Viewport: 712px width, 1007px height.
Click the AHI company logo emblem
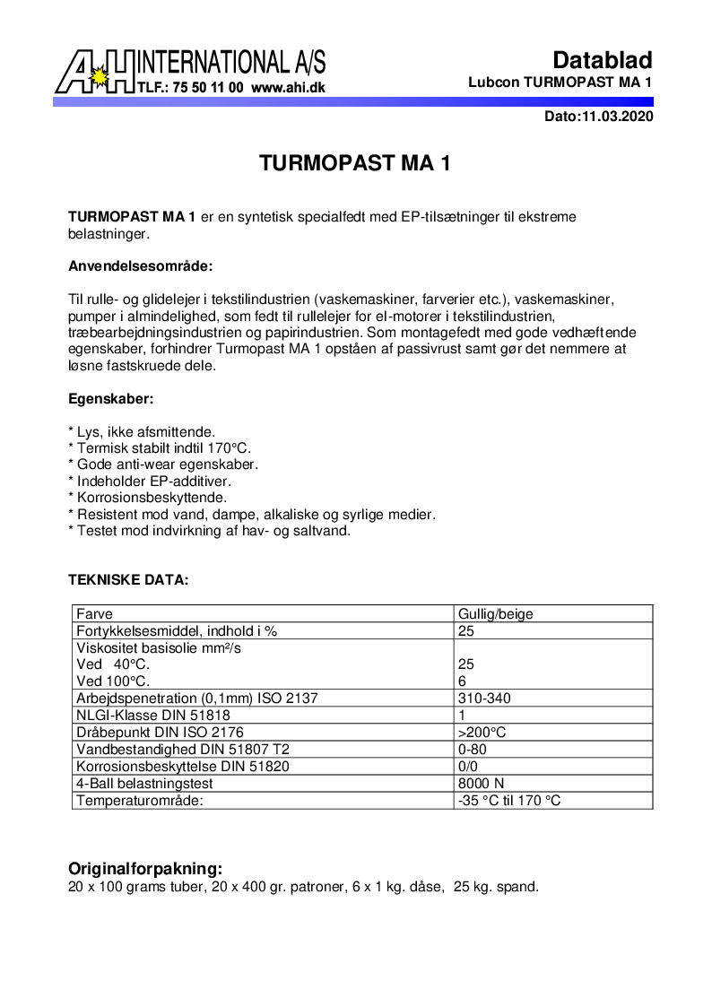tap(94, 72)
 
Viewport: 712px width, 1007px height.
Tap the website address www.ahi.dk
tap(288, 88)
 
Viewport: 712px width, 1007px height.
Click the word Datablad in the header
tap(602, 60)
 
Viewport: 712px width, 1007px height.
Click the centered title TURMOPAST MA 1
tap(354, 163)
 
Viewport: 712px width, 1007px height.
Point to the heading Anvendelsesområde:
tap(141, 266)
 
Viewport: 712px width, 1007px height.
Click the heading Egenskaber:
tap(111, 398)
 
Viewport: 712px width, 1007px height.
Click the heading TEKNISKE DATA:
tap(128, 580)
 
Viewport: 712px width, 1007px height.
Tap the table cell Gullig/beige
tap(496, 614)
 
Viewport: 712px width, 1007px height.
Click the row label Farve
tap(94, 614)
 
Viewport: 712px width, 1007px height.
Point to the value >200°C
tap(482, 732)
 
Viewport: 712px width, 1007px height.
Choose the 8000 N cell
tap(482, 783)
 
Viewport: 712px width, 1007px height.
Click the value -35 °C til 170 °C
tap(509, 800)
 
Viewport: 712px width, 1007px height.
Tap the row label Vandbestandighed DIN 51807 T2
tap(183, 749)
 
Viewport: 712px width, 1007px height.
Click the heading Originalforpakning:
tap(145, 869)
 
